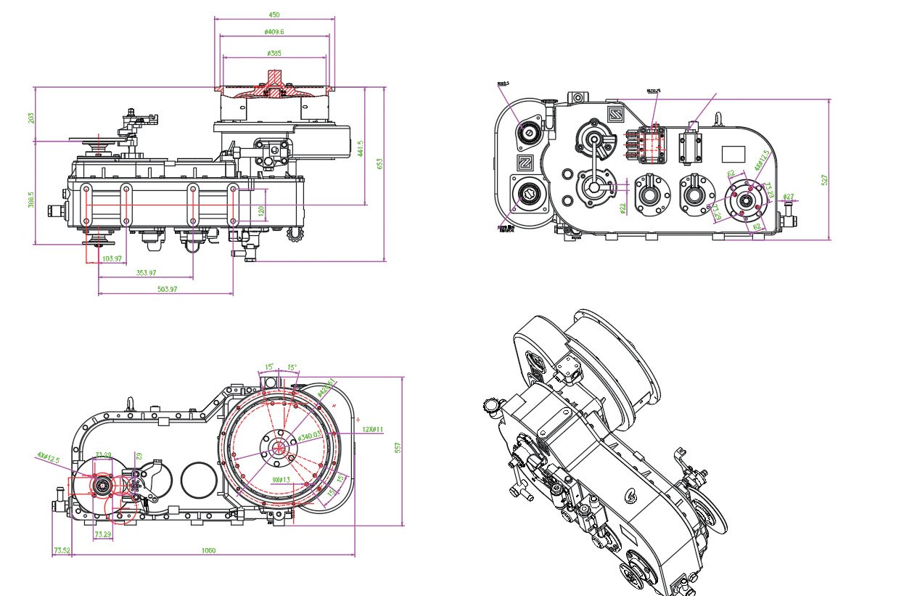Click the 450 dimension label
[x=274, y=14]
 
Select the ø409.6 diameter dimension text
[x=274, y=32]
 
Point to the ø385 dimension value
[x=274, y=53]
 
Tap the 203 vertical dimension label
[x=31, y=117]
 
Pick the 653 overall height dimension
[x=379, y=164]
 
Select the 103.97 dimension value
[x=112, y=258]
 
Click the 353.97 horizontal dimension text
[x=147, y=273]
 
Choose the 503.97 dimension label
[x=167, y=289]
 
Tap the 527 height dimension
[x=825, y=179]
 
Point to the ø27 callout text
[x=789, y=196]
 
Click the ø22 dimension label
[x=622, y=209]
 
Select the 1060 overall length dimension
[x=208, y=550]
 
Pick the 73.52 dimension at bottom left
[x=62, y=550]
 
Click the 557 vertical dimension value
[x=398, y=449]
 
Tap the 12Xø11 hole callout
[x=373, y=429]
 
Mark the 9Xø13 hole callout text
[x=281, y=479]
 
